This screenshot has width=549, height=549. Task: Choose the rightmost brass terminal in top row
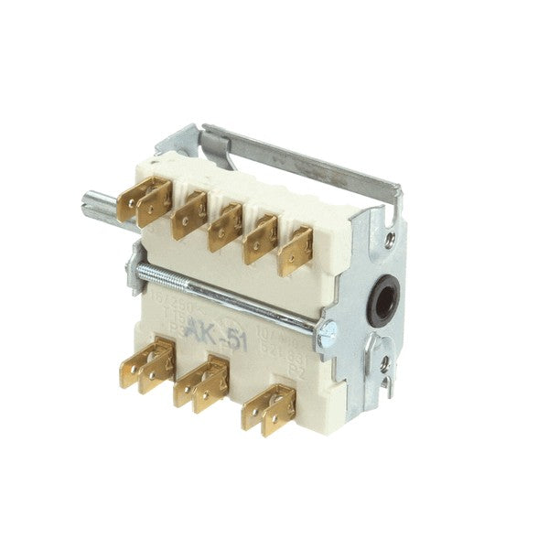tap(297, 249)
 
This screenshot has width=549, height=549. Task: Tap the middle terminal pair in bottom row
tap(202, 382)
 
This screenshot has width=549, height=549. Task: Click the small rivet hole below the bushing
tap(384, 365)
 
